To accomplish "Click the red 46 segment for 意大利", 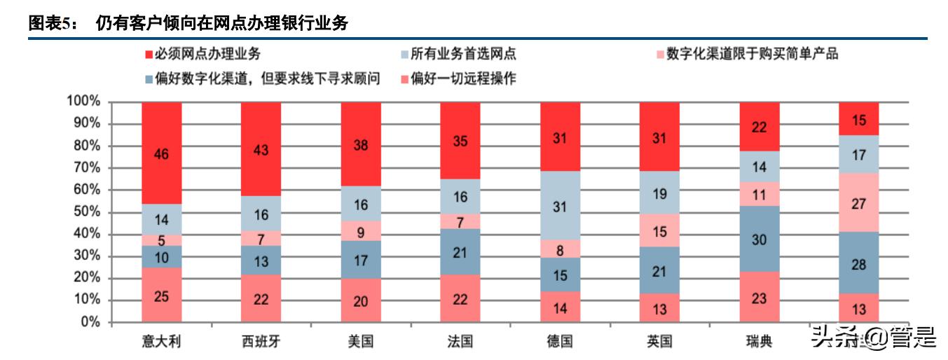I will (x=161, y=153).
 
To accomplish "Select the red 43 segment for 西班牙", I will (x=261, y=150).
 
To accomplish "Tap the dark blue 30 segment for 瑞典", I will (x=759, y=239).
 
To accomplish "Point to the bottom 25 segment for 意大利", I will (x=161, y=296).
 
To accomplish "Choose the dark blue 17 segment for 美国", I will (x=360, y=259).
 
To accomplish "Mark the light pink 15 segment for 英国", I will (x=659, y=230).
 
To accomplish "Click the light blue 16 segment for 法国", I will (x=460, y=197).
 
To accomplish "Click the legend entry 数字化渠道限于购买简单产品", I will (x=751, y=54).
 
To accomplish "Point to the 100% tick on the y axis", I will (x=84, y=102).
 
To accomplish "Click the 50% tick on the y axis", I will (x=87, y=212).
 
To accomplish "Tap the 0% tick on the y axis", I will (x=91, y=323).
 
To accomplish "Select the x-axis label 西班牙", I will (x=260, y=341).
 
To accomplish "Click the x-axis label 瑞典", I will (x=759, y=341).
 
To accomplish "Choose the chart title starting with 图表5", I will (x=188, y=23).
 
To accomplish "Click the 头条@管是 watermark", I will (x=872, y=338).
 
